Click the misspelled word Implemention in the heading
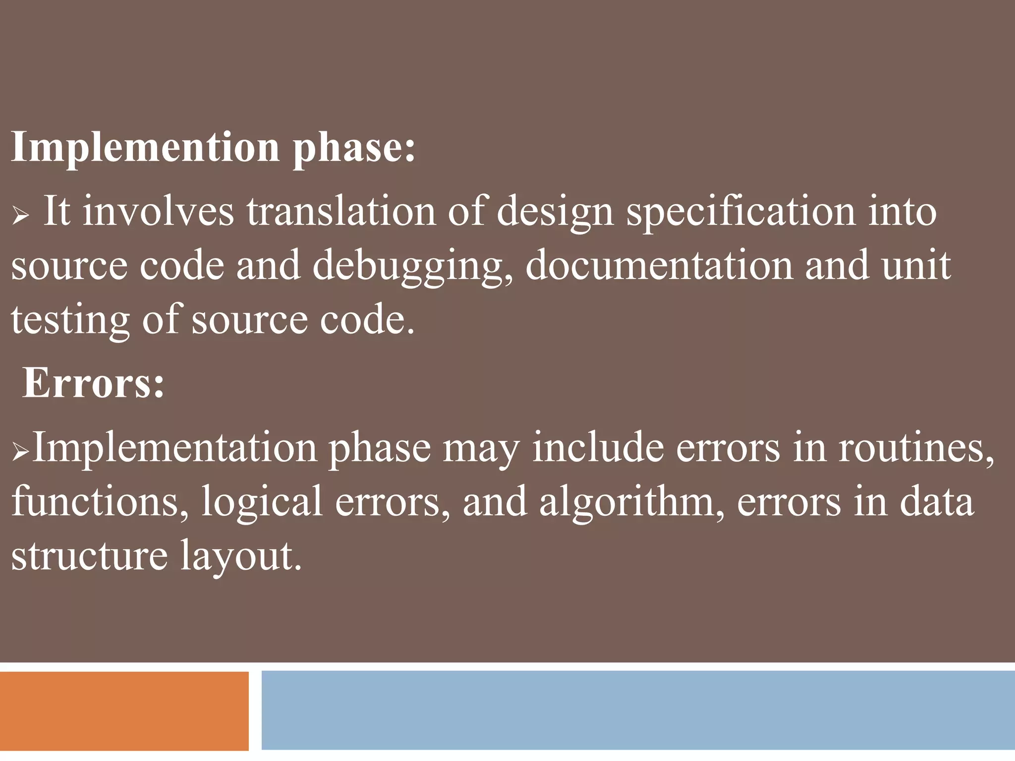(x=145, y=148)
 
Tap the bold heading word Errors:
(x=93, y=382)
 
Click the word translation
(x=341, y=212)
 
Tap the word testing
(x=70, y=320)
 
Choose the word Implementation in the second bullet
(x=174, y=448)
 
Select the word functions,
(x=100, y=501)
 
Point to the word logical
(x=262, y=502)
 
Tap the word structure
(x=89, y=555)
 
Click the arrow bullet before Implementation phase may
(x=20, y=451)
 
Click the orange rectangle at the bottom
(x=124, y=710)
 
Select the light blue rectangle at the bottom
(x=638, y=710)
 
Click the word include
(x=598, y=448)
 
